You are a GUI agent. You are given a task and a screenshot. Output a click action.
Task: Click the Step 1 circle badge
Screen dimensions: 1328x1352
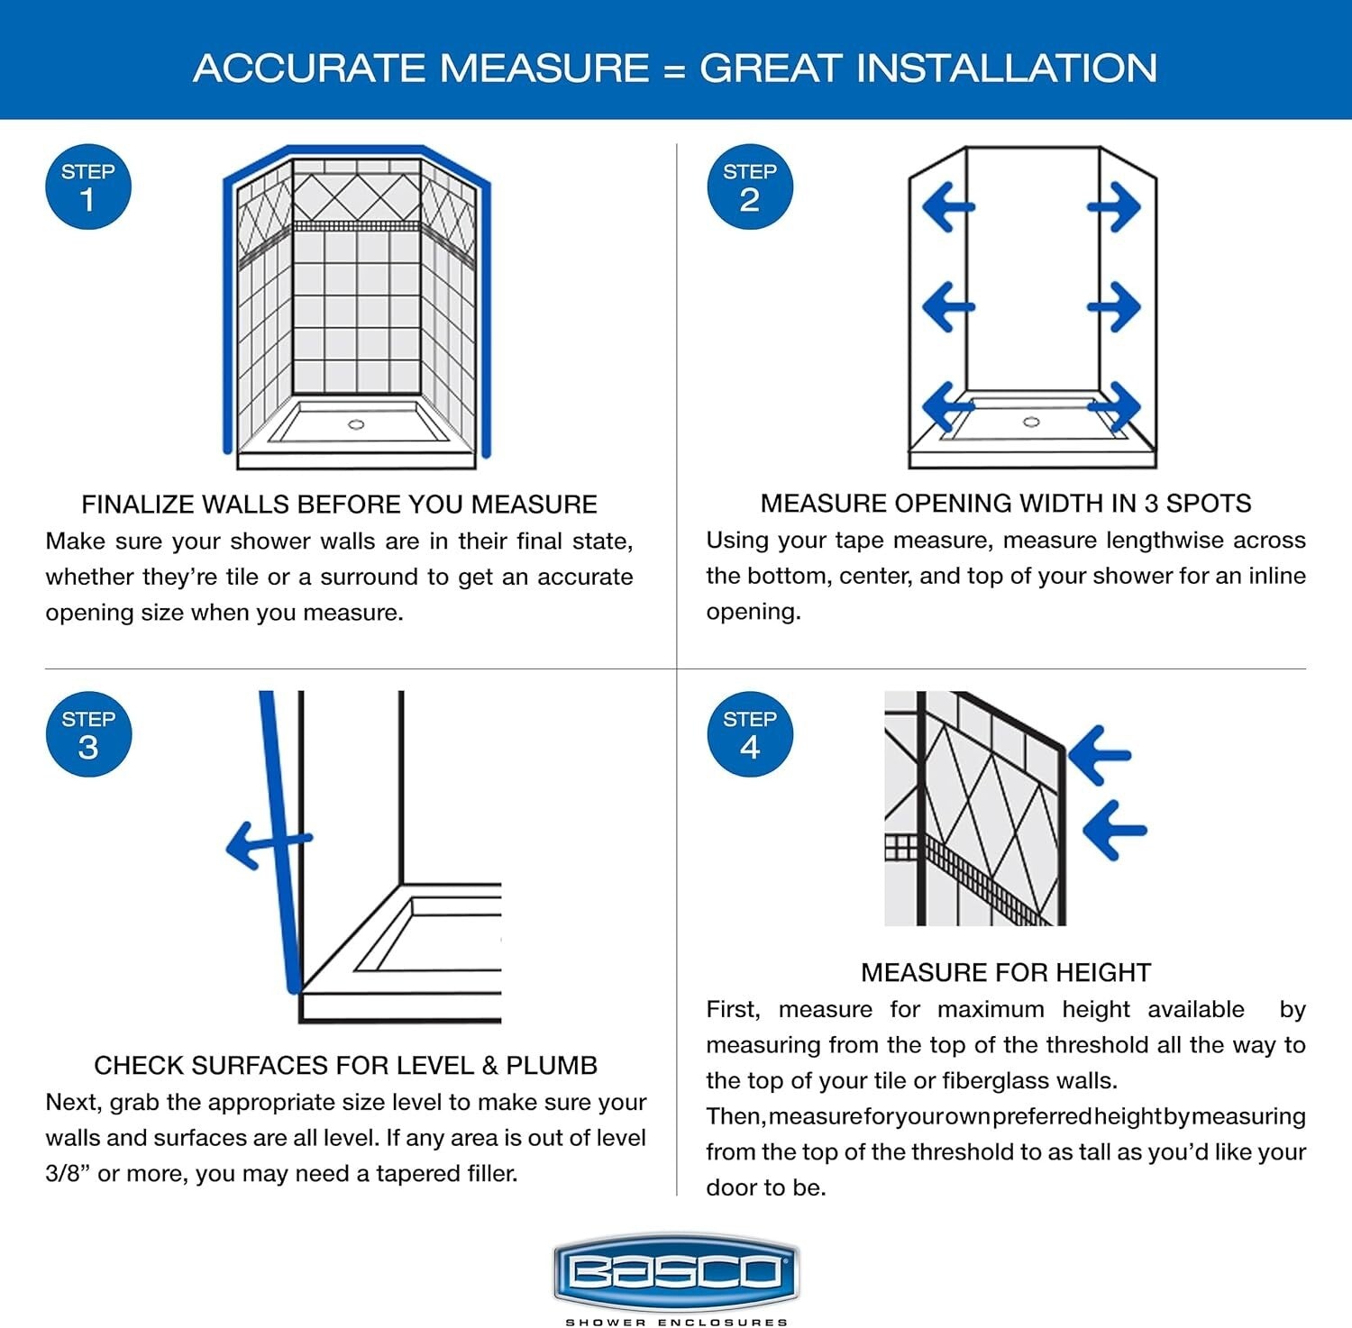[x=88, y=186]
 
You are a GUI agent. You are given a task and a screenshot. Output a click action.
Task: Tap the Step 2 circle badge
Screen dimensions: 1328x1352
[x=750, y=186]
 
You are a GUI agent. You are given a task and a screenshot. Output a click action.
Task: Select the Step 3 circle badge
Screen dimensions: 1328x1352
[x=88, y=734]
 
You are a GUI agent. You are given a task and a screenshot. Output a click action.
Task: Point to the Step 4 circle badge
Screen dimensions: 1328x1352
[x=750, y=734]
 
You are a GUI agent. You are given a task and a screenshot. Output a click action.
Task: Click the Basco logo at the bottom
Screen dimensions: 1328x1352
[x=676, y=1272]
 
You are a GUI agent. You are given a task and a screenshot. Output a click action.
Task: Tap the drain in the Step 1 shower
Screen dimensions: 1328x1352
[x=356, y=423]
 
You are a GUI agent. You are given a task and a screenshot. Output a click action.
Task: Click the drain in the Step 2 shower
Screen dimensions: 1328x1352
[x=1032, y=422]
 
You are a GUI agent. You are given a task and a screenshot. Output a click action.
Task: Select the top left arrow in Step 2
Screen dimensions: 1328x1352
[x=947, y=207]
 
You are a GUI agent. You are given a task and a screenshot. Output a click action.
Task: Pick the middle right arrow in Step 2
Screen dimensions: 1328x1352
[x=1115, y=306]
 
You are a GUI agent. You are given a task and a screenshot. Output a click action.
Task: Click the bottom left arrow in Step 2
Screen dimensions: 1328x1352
[x=947, y=406]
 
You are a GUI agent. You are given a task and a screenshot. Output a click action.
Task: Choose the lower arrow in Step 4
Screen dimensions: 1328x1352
[x=1114, y=829]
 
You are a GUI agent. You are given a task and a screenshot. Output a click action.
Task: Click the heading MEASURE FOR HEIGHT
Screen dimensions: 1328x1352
[x=1006, y=972]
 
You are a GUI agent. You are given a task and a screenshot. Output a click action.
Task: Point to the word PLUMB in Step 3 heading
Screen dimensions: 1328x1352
[x=551, y=1065]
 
